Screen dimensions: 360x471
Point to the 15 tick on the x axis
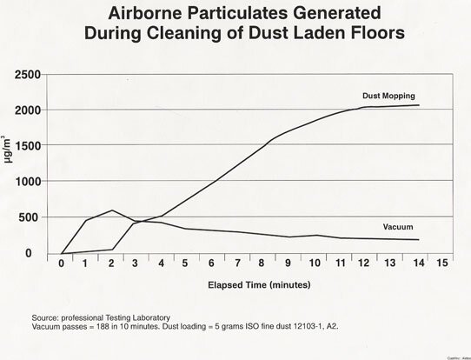(x=443, y=262)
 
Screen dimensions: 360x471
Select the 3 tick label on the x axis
(x=136, y=262)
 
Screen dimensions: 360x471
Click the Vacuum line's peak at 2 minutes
(x=111, y=210)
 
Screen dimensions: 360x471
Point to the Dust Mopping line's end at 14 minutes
(x=418, y=105)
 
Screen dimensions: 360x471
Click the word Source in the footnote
(x=45, y=317)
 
